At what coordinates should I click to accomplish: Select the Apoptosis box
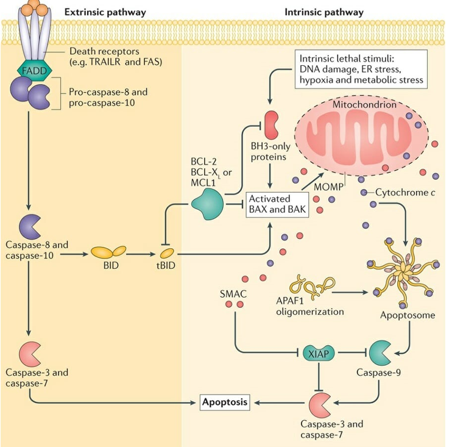(225, 402)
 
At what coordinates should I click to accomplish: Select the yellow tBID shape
(167, 251)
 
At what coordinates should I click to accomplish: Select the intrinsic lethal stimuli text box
(360, 68)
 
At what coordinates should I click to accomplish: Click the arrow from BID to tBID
(142, 251)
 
